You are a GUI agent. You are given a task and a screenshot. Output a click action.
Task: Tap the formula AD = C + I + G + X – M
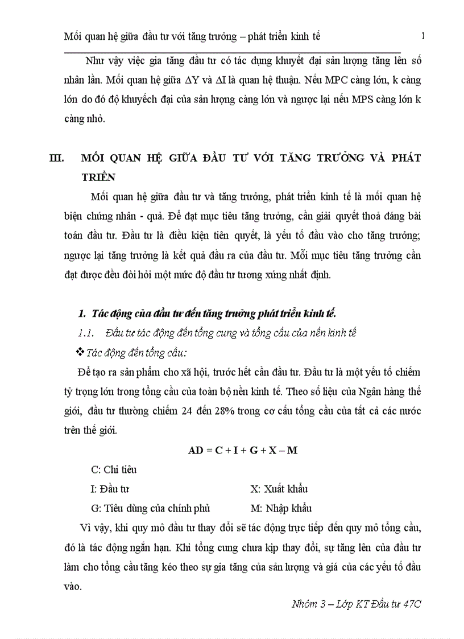[x=243, y=450]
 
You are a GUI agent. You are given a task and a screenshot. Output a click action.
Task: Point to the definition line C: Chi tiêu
[x=114, y=469]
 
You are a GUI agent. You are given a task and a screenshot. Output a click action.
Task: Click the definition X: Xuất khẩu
[x=279, y=489]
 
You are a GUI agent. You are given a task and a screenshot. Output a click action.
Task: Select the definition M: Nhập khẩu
[x=281, y=508]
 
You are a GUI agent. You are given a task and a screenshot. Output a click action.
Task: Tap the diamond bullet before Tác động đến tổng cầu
[x=80, y=353]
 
